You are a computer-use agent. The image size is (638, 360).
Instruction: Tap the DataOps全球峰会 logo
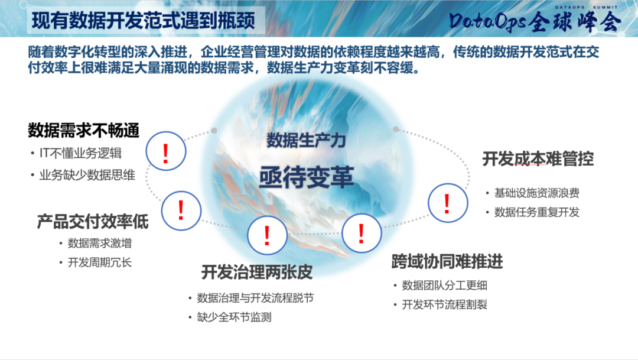[535, 21]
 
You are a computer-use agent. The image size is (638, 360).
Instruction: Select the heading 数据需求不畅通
[83, 130]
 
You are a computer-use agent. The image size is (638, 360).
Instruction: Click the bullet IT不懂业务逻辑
[80, 153]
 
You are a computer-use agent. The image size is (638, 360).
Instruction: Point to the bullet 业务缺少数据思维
[87, 175]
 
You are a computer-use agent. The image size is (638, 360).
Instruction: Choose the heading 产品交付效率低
[93, 222]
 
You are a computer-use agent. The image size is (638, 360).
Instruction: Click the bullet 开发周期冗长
[100, 262]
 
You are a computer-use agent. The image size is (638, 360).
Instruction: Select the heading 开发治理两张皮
[256, 273]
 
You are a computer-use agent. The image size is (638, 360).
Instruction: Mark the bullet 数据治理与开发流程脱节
[255, 298]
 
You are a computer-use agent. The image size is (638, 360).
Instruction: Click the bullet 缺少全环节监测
[234, 317]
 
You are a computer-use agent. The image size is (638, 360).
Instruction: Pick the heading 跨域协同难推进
[447, 261]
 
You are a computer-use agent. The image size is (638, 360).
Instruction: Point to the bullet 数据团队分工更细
[444, 286]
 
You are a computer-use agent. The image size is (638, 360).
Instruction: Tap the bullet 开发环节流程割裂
[444, 305]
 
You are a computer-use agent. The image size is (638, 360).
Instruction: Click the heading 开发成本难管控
[538, 159]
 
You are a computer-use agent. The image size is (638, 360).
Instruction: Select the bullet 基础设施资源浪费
[536, 193]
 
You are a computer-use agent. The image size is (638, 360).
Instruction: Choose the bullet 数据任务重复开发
[536, 212]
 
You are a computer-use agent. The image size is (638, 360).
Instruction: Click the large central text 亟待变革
[306, 176]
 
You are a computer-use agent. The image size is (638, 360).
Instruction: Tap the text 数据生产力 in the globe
[305, 141]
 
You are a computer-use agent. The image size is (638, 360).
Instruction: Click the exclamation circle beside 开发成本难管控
[447, 203]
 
